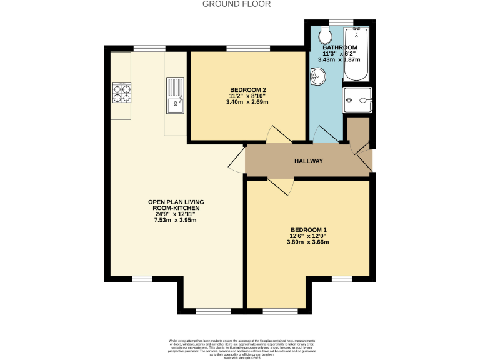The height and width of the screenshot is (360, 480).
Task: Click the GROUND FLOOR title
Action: coord(237,4)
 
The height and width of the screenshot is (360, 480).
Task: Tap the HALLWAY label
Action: coord(309,161)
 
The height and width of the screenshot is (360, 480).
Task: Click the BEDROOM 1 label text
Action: coord(307,230)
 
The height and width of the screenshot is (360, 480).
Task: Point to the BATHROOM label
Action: coord(339,47)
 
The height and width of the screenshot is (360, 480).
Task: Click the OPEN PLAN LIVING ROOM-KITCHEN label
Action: coord(176,206)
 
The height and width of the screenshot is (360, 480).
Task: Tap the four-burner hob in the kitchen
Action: coord(122,92)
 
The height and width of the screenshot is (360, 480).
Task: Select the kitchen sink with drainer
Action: coord(176,96)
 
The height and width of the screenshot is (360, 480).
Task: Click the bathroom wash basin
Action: coord(318,77)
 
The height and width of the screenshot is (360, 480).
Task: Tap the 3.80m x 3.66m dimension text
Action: coord(307,242)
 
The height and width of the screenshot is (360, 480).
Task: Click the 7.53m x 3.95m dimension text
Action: coord(176,220)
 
